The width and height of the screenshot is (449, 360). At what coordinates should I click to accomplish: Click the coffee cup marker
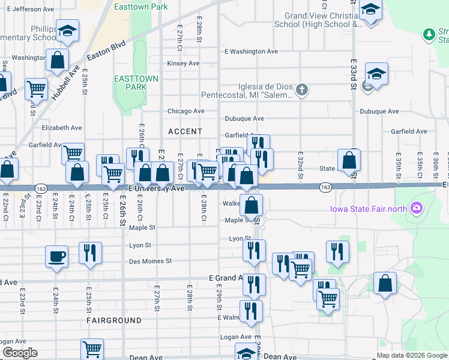pyautogui.click(x=56, y=257)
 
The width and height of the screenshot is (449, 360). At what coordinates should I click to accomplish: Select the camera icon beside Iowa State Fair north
pyautogui.click(x=416, y=209)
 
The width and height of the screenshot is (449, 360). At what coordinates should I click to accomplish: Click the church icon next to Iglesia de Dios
pyautogui.click(x=301, y=91)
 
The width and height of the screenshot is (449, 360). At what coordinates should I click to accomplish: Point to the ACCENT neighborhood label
pyautogui.click(x=185, y=131)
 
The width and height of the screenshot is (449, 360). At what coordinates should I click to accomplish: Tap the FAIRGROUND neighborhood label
pyautogui.click(x=113, y=320)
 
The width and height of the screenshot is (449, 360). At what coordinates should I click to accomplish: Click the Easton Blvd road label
pyautogui.click(x=106, y=50)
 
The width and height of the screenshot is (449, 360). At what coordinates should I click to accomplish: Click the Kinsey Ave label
pyautogui.click(x=184, y=63)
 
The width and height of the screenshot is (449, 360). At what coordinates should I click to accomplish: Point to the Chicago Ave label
pyautogui.click(x=186, y=111)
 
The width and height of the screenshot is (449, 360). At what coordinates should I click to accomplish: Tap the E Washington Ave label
pyautogui.click(x=251, y=52)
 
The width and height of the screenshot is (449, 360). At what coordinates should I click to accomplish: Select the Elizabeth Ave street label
pyautogui.click(x=62, y=128)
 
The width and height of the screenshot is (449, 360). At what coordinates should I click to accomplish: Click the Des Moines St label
pyautogui.click(x=151, y=261)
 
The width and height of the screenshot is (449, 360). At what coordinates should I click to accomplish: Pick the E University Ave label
pyautogui.click(x=156, y=188)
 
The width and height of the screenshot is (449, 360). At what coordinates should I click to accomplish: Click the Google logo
pyautogui.click(x=20, y=353)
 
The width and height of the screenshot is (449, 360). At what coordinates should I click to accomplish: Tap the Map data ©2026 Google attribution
pyautogui.click(x=412, y=355)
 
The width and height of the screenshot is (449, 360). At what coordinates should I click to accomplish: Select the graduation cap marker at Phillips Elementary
pyautogui.click(x=68, y=31)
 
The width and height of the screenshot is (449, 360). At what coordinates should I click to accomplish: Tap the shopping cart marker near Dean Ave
pyautogui.click(x=92, y=348)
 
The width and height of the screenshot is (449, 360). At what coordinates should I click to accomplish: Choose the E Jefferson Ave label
pyautogui.click(x=29, y=9)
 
